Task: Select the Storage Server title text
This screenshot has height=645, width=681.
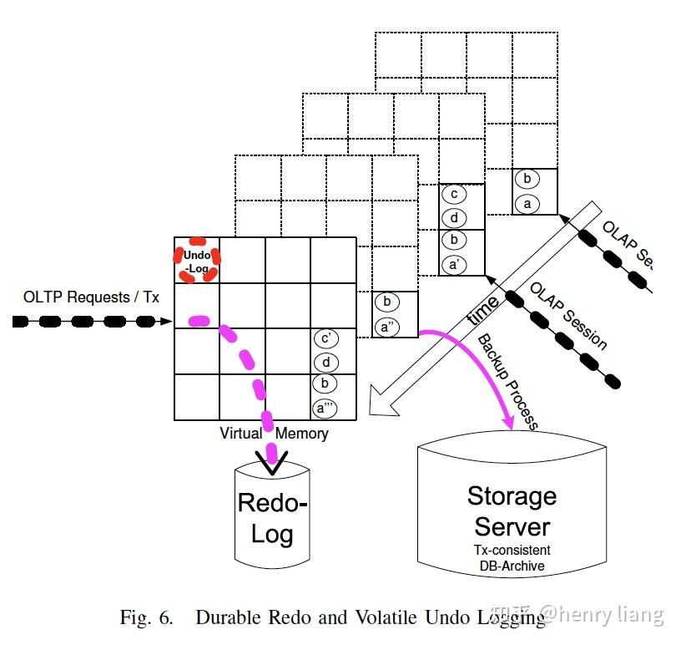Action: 512,510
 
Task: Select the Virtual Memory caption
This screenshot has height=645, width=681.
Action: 274,434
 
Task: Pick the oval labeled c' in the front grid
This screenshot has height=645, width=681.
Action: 326,339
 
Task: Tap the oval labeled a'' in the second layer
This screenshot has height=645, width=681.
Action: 386,327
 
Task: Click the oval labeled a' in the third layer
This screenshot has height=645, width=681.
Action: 454,266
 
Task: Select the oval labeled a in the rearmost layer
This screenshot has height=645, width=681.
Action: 526,203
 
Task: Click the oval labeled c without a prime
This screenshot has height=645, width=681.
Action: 454,195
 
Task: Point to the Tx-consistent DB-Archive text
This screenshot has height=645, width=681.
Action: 512,558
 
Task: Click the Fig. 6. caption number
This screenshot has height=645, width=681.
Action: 147,618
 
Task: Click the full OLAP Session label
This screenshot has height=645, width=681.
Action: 568,316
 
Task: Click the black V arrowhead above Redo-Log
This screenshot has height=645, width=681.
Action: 272,461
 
